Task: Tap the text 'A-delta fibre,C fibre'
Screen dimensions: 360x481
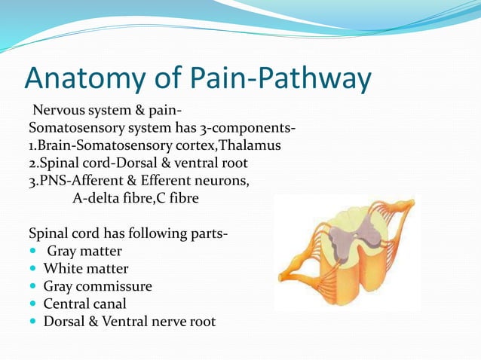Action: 139,199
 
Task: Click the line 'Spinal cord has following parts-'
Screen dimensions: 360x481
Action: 127,233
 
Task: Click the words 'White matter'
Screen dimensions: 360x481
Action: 86,269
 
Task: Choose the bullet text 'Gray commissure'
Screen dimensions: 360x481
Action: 97,286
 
